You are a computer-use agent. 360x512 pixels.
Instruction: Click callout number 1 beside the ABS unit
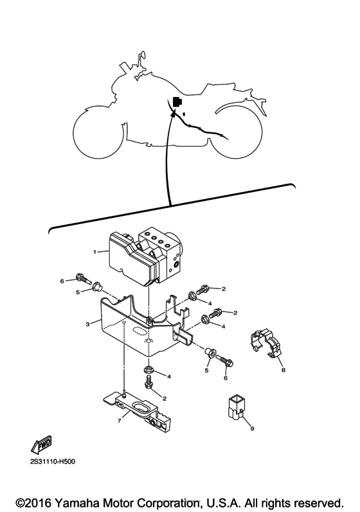point(95,252)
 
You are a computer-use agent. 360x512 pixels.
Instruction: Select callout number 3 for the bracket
point(87,324)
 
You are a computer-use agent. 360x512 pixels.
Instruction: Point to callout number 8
point(282,370)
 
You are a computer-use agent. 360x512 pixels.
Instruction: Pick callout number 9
point(252,429)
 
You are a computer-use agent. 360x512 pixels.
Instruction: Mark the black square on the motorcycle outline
point(177,101)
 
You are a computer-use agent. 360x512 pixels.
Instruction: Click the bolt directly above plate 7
point(149,384)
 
